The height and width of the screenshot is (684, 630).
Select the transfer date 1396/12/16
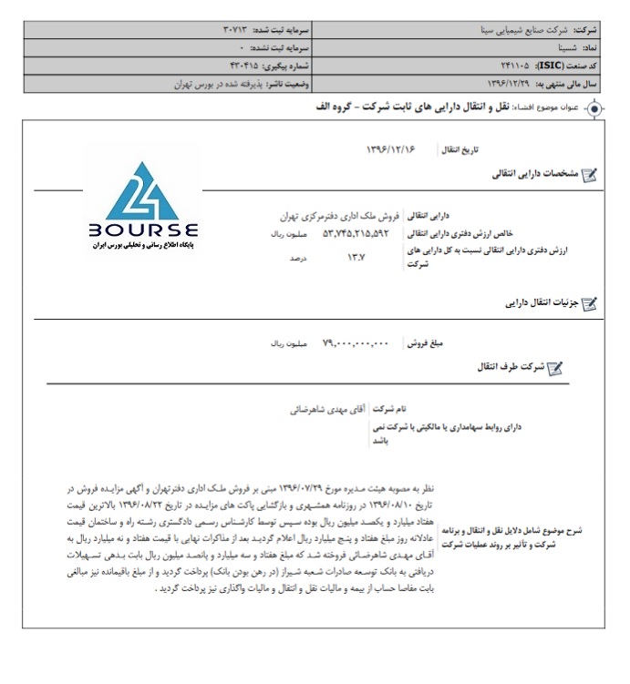coord(389,148)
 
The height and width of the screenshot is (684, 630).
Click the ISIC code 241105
coord(519,66)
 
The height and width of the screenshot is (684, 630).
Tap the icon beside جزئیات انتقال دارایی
coord(589,304)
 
